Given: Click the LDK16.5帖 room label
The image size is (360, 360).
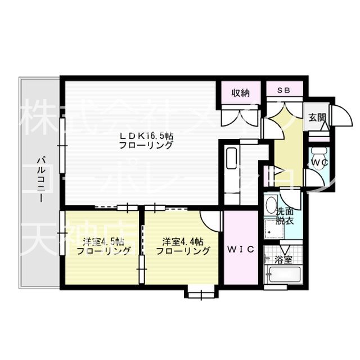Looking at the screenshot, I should pyautogui.click(x=146, y=136).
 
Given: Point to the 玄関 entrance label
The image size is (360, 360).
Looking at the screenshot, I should pyautogui.click(x=317, y=118).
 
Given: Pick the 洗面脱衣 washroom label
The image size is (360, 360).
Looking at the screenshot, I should pyautogui.click(x=285, y=217).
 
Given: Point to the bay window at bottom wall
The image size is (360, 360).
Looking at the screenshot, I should pyautogui.click(x=199, y=291).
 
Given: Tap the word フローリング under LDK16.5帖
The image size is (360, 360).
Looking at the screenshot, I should pyautogui.click(x=146, y=146).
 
